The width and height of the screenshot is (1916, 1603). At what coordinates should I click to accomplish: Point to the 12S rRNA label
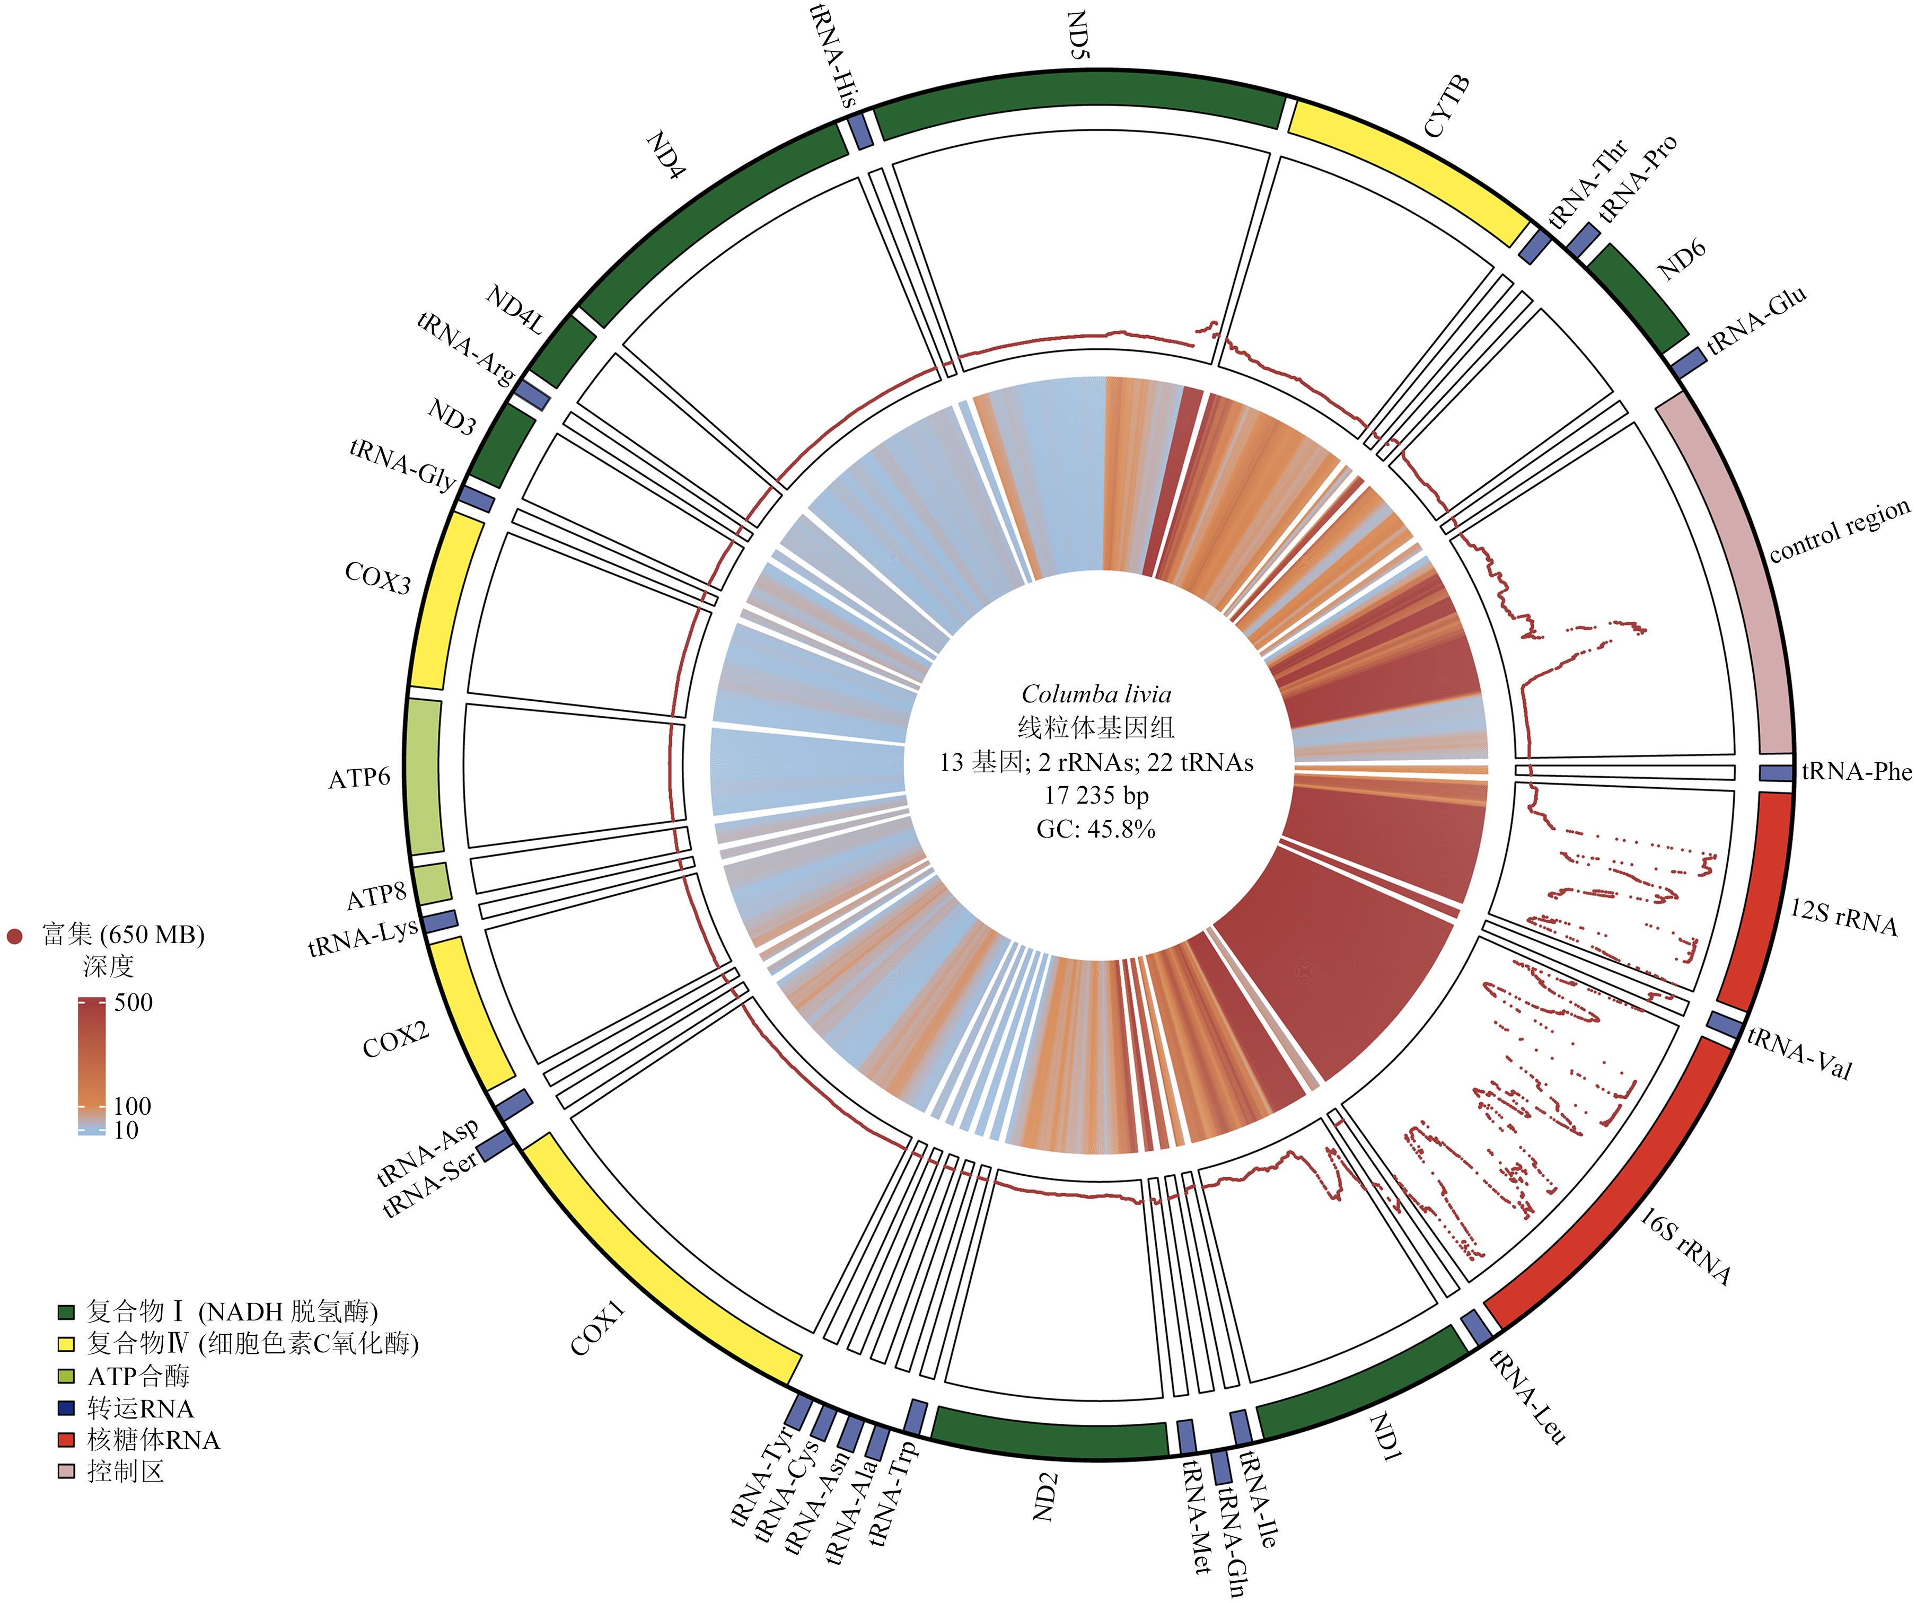pos(1843,918)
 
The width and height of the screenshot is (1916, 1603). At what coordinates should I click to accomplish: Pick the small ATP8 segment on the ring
pos(432,883)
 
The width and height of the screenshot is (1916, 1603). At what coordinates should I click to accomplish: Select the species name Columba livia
pos(1096,694)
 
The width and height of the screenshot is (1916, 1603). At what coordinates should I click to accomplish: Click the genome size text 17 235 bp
pos(1096,796)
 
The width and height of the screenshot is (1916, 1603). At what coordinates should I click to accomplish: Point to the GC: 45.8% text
pos(1096,829)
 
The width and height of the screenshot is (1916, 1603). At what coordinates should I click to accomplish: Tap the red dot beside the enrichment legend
pos(15,936)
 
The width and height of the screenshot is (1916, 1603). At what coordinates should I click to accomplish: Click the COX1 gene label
pos(597,1329)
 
